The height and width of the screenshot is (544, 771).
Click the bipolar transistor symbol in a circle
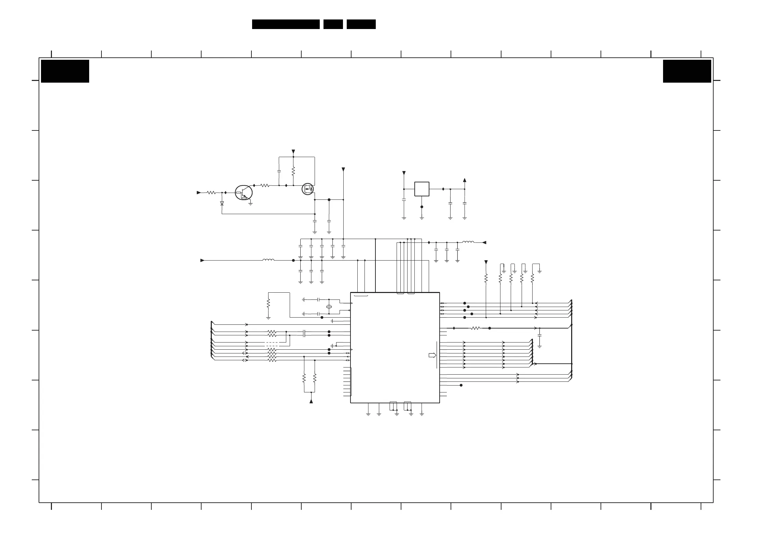click(244, 193)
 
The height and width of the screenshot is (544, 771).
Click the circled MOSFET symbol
click(308, 189)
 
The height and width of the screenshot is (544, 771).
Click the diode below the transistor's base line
click(222, 203)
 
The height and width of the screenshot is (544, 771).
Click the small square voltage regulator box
click(422, 189)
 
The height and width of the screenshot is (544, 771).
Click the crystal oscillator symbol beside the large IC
click(329, 307)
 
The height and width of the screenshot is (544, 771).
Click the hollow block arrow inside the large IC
click(432, 355)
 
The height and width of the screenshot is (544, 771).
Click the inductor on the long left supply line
click(268, 260)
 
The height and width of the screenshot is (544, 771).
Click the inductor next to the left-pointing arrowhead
click(468, 242)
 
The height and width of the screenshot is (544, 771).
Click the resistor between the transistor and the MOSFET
click(265, 185)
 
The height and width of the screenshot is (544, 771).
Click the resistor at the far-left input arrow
click(211, 193)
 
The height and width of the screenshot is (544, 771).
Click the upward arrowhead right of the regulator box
click(465, 180)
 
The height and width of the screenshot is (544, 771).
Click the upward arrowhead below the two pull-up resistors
click(311, 401)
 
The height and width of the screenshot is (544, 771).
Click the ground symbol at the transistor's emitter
click(251, 204)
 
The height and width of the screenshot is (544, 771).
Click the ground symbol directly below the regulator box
click(422, 218)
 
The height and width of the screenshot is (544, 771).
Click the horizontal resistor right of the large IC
click(475, 328)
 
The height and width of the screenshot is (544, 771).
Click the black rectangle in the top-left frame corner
click(65, 71)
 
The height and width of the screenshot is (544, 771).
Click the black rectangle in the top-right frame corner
click(687, 71)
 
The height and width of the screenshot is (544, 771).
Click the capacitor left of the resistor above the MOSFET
click(279, 170)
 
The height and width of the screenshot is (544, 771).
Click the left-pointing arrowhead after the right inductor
click(484, 242)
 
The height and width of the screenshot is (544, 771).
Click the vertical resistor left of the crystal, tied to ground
click(269, 303)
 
